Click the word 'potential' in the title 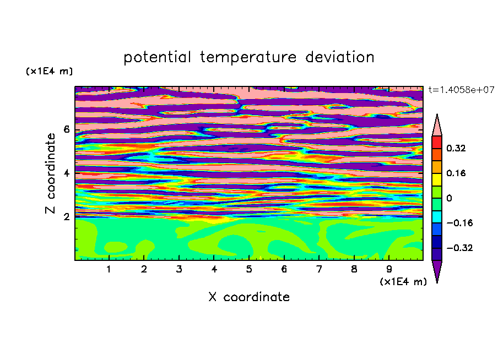click(x=157, y=57)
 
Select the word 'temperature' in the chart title click(x=248, y=57)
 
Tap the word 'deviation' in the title click(x=339, y=57)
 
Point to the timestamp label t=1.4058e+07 click(x=461, y=90)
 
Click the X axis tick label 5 click(x=249, y=269)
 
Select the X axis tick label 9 click(x=389, y=269)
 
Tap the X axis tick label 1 click(x=109, y=269)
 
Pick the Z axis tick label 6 click(x=66, y=129)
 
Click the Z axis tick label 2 click(x=66, y=217)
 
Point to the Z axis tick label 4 click(x=66, y=173)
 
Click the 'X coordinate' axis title click(x=249, y=297)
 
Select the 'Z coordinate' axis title click(x=51, y=173)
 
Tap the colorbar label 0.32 click(x=456, y=148)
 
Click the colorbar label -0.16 click(x=459, y=223)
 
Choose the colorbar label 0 click(x=449, y=198)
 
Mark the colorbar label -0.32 click(x=459, y=248)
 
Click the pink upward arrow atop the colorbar click(x=437, y=126)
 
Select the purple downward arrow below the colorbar click(x=437, y=270)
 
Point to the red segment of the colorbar click(x=437, y=142)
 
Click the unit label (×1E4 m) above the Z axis click(x=49, y=71)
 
